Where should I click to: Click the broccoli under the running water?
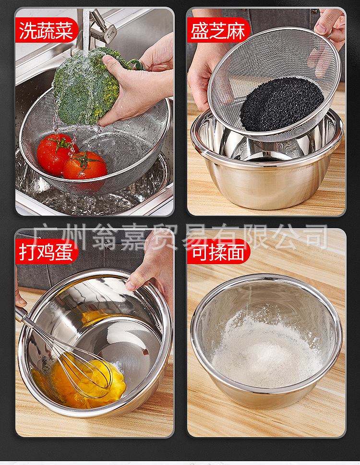[84, 86]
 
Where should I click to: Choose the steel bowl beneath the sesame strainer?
[269, 173]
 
